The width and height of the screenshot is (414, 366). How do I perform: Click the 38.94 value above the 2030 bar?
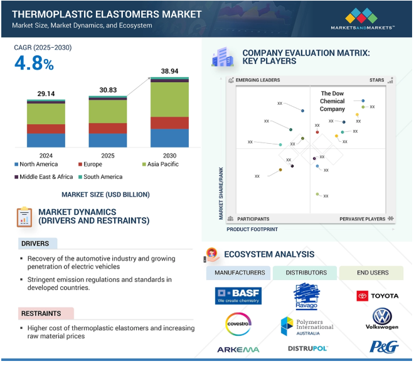pos(169,71)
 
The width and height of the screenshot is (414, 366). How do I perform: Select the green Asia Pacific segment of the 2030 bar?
pos(169,100)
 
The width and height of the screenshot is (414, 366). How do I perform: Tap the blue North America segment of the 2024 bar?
pos(46,141)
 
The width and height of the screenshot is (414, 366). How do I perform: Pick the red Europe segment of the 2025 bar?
pos(108,128)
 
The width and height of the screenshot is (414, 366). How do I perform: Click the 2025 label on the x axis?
pos(108,156)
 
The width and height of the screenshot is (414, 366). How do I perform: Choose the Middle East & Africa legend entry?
pos(43,177)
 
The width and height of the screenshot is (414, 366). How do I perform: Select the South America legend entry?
pos(100,177)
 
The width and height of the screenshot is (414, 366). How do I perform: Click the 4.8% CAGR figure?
pos(34,63)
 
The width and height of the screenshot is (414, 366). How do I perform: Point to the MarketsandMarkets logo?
pos(363,18)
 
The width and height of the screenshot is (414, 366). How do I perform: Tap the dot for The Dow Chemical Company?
pos(363,100)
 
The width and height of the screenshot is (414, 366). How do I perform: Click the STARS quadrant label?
pos(377,80)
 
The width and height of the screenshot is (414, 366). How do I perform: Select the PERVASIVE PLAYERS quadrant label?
pos(363,219)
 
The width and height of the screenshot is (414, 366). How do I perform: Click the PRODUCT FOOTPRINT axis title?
pos(252,229)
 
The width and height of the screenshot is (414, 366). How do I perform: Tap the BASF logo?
pos(238,296)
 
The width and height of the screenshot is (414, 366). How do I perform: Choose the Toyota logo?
pos(377,296)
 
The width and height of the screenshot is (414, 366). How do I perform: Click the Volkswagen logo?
pos(382,319)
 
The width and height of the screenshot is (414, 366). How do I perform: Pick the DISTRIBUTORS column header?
pos(306,272)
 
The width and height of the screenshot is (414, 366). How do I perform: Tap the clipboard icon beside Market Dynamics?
pos(24,217)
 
